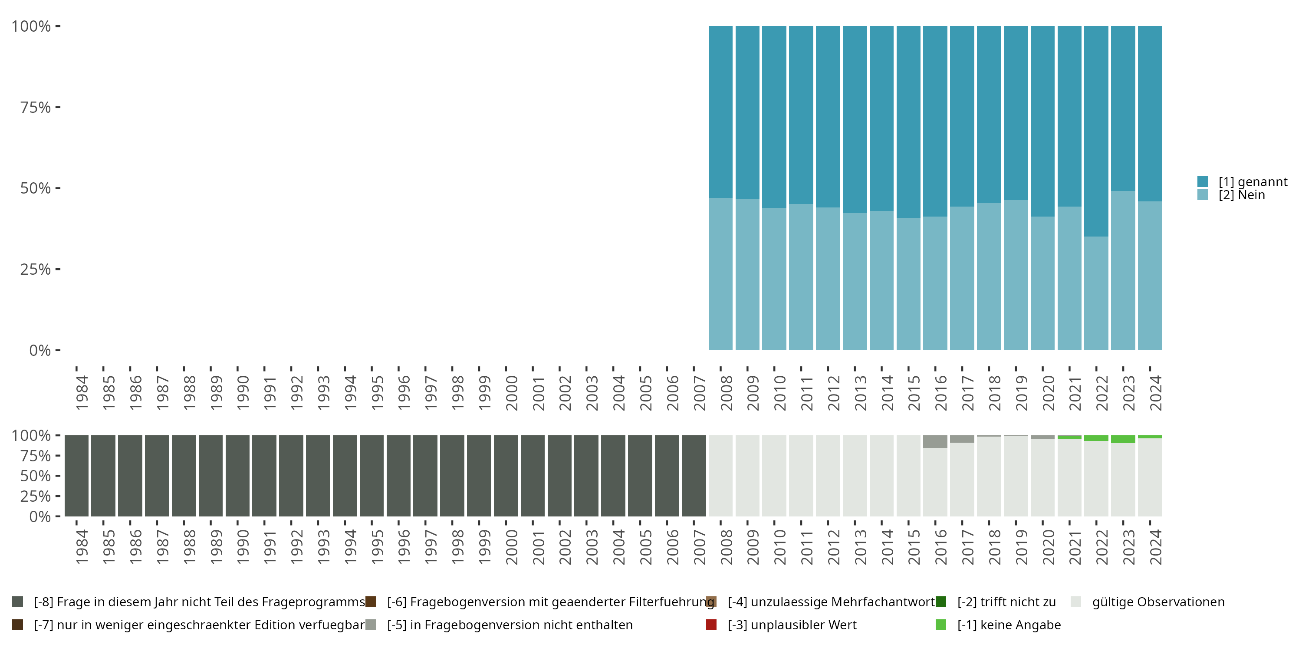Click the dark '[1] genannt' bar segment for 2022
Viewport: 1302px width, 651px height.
[x=1096, y=132]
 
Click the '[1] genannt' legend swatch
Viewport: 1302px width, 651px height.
[x=1203, y=181]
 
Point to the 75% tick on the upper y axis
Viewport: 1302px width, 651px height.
[x=58, y=107]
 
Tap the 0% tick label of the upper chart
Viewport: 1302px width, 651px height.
[x=40, y=350]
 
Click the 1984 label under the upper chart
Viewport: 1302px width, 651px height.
[x=82, y=393]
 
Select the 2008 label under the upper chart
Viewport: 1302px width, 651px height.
[x=727, y=393]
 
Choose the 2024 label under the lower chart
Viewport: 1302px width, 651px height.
[x=1156, y=547]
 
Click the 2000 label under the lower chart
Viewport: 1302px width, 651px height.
[x=512, y=547]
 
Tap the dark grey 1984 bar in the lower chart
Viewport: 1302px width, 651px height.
[x=76, y=476]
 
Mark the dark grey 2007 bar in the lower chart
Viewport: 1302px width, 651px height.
[x=694, y=476]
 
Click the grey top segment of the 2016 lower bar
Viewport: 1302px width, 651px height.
[x=935, y=441]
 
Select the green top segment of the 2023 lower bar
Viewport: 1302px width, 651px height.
[x=1123, y=439]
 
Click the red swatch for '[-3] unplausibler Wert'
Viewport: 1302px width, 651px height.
[x=711, y=625]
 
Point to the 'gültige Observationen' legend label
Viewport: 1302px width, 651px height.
[x=1158, y=602]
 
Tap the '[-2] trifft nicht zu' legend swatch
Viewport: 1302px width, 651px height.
[x=940, y=602]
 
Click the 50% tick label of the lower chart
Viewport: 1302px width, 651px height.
[x=36, y=476]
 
